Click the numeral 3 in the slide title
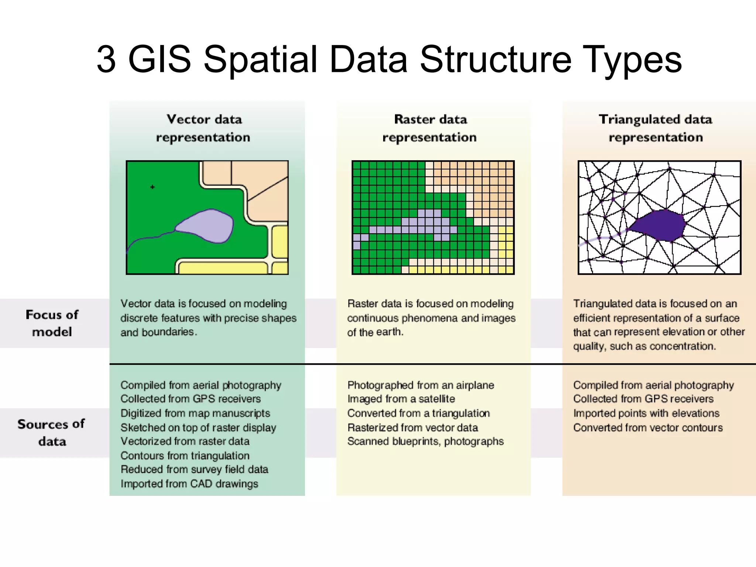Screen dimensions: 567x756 (x=106, y=59)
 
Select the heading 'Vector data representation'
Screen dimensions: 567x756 (x=203, y=128)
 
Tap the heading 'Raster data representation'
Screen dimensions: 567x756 (x=430, y=128)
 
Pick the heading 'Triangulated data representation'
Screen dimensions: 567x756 (x=656, y=128)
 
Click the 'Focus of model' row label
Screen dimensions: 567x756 (x=52, y=323)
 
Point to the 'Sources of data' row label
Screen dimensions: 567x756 (x=51, y=433)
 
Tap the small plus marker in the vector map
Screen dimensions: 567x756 (x=152, y=187)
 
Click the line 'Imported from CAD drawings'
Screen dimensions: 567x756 (x=189, y=484)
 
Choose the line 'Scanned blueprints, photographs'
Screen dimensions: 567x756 (x=425, y=441)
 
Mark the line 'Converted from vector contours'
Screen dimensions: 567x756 (x=648, y=427)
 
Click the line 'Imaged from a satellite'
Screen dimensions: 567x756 (x=401, y=399)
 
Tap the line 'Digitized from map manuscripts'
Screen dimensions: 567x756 (x=195, y=413)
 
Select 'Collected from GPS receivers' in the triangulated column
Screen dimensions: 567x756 (x=643, y=399)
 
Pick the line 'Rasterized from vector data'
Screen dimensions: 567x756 (x=412, y=427)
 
